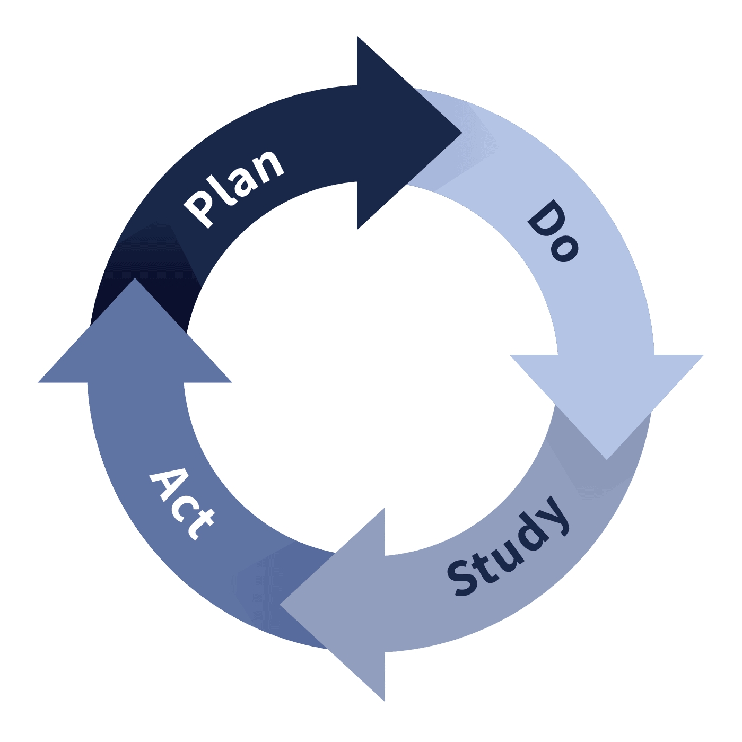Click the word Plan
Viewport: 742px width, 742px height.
[234, 189]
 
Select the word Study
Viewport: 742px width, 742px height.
[508, 546]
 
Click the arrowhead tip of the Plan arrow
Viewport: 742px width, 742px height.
[461, 133]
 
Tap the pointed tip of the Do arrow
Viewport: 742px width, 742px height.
[607, 459]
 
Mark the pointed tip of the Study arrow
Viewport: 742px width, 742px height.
[280, 605]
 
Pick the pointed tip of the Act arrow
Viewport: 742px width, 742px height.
[135, 278]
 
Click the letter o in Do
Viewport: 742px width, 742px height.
[564, 249]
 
